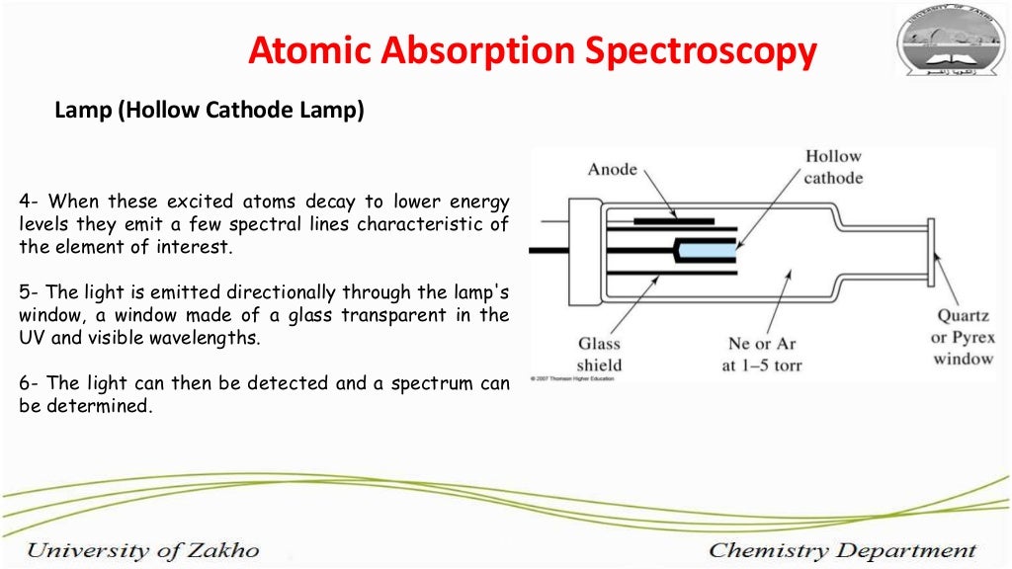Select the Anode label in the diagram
(x=613, y=170)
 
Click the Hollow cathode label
(x=833, y=167)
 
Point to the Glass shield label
(x=600, y=354)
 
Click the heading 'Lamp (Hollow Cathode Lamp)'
(x=210, y=111)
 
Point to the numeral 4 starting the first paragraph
(x=25, y=202)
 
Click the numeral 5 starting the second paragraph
(x=25, y=292)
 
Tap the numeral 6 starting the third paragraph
(x=25, y=383)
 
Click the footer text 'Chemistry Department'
(x=842, y=550)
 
